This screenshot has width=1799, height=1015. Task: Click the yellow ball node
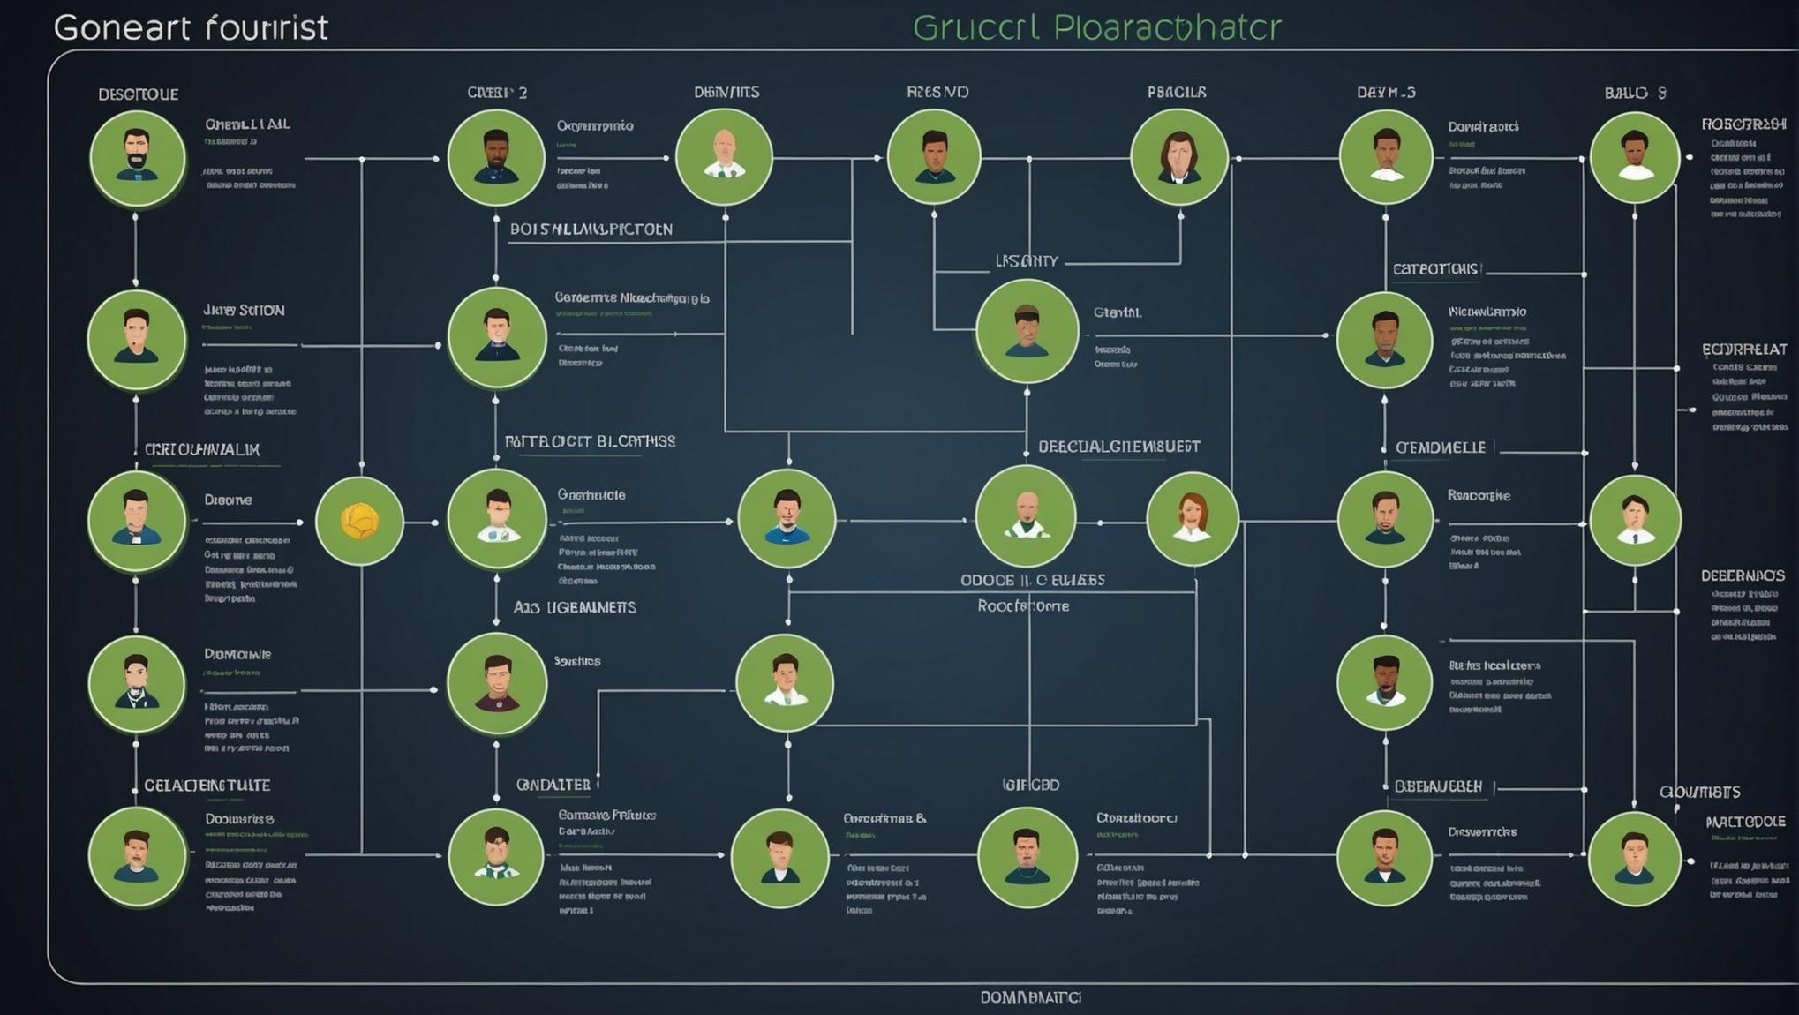click(359, 521)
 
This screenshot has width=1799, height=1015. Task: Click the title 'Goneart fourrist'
click(191, 27)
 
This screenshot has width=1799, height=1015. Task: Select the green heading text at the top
click(1096, 27)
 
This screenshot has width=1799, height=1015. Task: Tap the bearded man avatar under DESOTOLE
click(137, 158)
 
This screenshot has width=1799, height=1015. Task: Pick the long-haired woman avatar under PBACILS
click(1178, 157)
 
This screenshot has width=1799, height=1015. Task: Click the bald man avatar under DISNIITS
click(724, 157)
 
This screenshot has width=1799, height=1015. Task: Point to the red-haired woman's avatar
click(1192, 518)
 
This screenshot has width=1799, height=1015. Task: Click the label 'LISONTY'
click(1026, 261)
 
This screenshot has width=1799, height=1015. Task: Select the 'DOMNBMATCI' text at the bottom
click(1030, 997)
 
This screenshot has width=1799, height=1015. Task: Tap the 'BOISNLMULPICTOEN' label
click(591, 229)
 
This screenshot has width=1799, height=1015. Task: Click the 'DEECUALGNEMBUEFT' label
click(1118, 447)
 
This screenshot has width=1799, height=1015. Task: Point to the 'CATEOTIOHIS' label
click(1435, 268)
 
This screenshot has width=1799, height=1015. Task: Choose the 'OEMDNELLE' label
click(1441, 447)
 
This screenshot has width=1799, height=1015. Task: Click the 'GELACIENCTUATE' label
click(207, 785)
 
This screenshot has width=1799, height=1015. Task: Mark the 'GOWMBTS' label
click(1699, 792)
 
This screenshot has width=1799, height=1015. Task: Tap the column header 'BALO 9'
click(1635, 93)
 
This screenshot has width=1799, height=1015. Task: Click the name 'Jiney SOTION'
click(244, 311)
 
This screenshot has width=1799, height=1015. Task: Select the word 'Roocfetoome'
click(1023, 606)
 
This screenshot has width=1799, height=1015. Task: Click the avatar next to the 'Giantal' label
click(1027, 331)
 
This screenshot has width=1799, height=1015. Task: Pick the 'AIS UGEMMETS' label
click(575, 607)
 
